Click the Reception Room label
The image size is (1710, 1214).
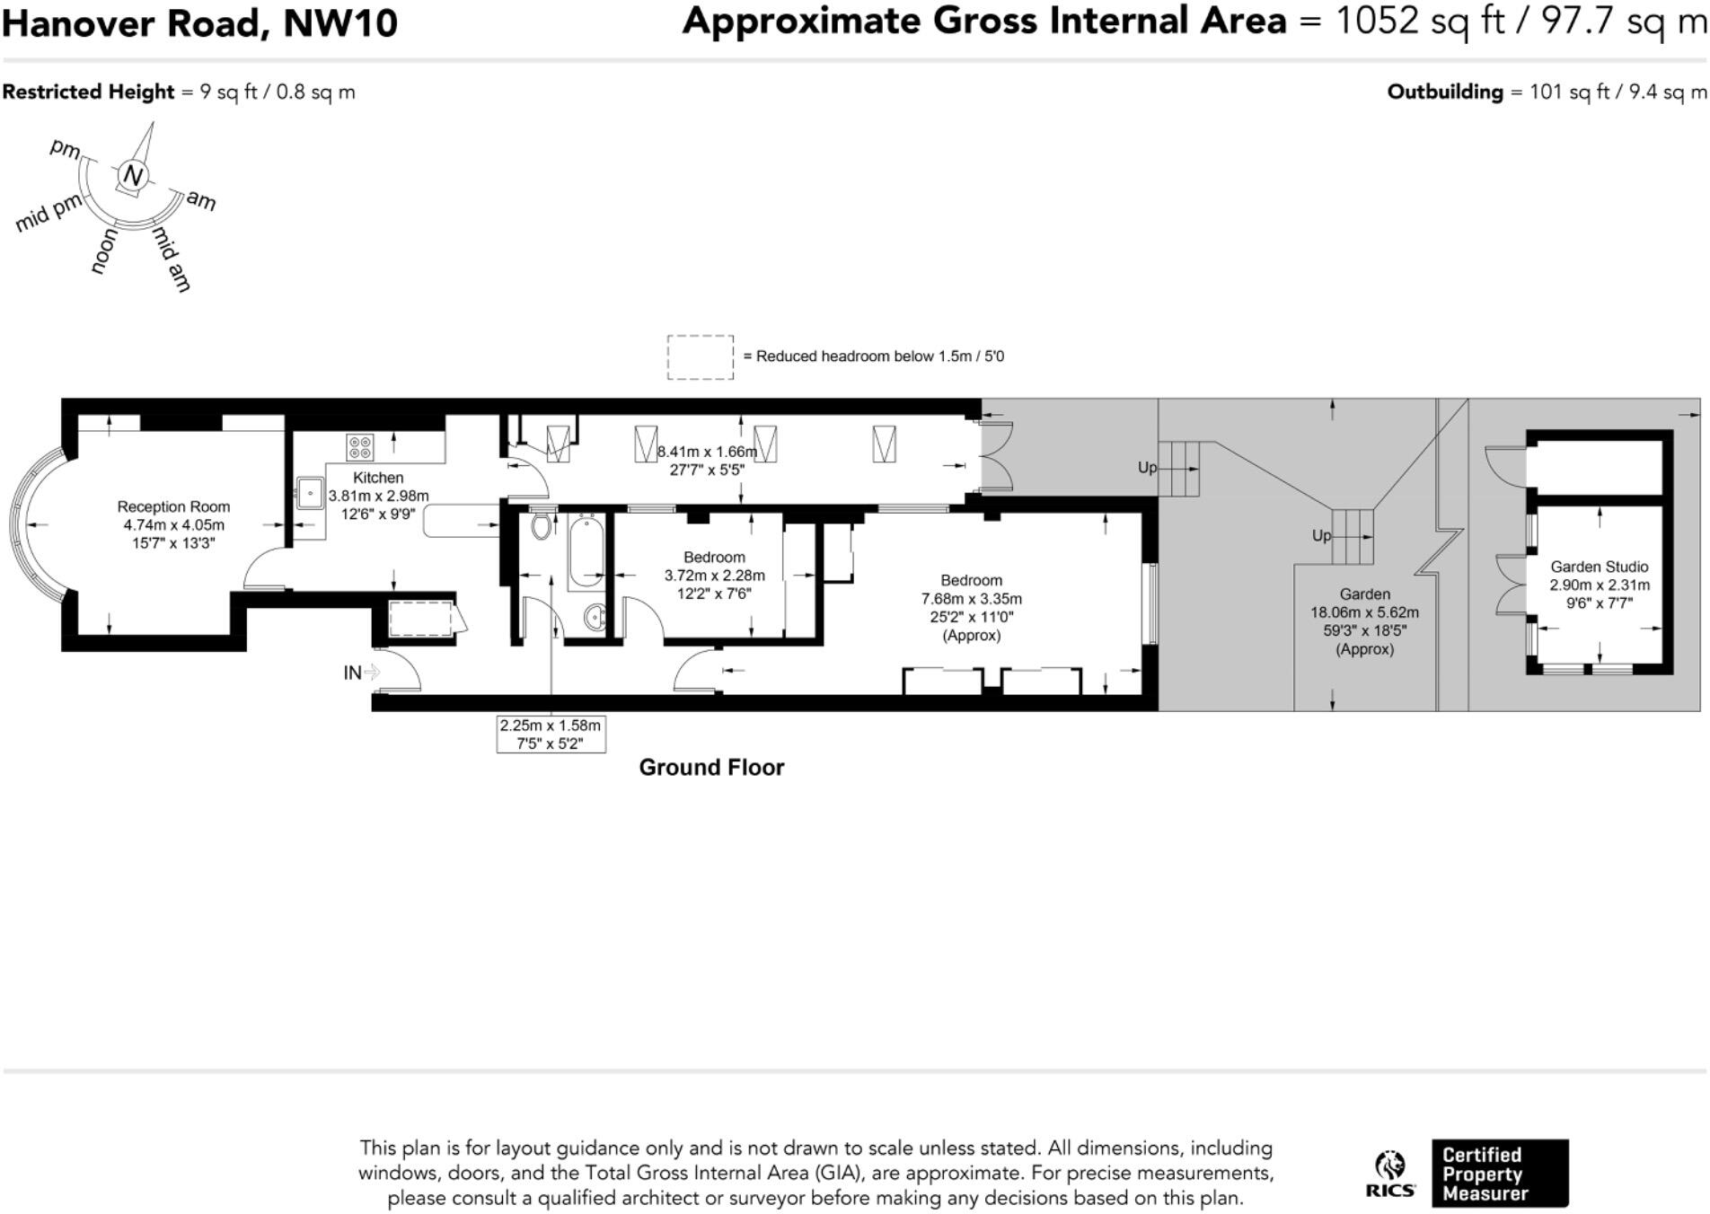(x=173, y=507)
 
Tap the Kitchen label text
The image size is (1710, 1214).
(x=378, y=478)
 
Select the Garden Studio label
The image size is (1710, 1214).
(x=1599, y=567)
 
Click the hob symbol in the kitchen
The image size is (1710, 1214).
(x=360, y=446)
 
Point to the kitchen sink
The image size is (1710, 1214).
(x=311, y=493)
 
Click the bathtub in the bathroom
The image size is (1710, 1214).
(x=586, y=550)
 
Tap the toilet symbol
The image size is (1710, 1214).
(x=541, y=525)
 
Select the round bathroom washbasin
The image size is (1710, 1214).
(x=595, y=617)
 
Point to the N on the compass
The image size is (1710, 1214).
(x=133, y=175)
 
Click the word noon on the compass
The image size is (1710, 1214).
(x=104, y=251)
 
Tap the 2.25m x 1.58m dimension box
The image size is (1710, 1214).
(x=551, y=735)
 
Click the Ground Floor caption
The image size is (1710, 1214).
(x=711, y=768)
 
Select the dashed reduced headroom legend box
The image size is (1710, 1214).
(x=700, y=357)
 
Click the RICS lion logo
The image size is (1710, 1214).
(x=1389, y=1173)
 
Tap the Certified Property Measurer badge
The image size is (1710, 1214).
(x=1499, y=1174)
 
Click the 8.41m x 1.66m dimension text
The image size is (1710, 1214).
(x=707, y=452)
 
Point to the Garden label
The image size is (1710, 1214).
(x=1364, y=594)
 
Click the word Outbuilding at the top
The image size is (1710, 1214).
(x=1444, y=92)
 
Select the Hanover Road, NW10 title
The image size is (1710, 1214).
(x=199, y=23)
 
